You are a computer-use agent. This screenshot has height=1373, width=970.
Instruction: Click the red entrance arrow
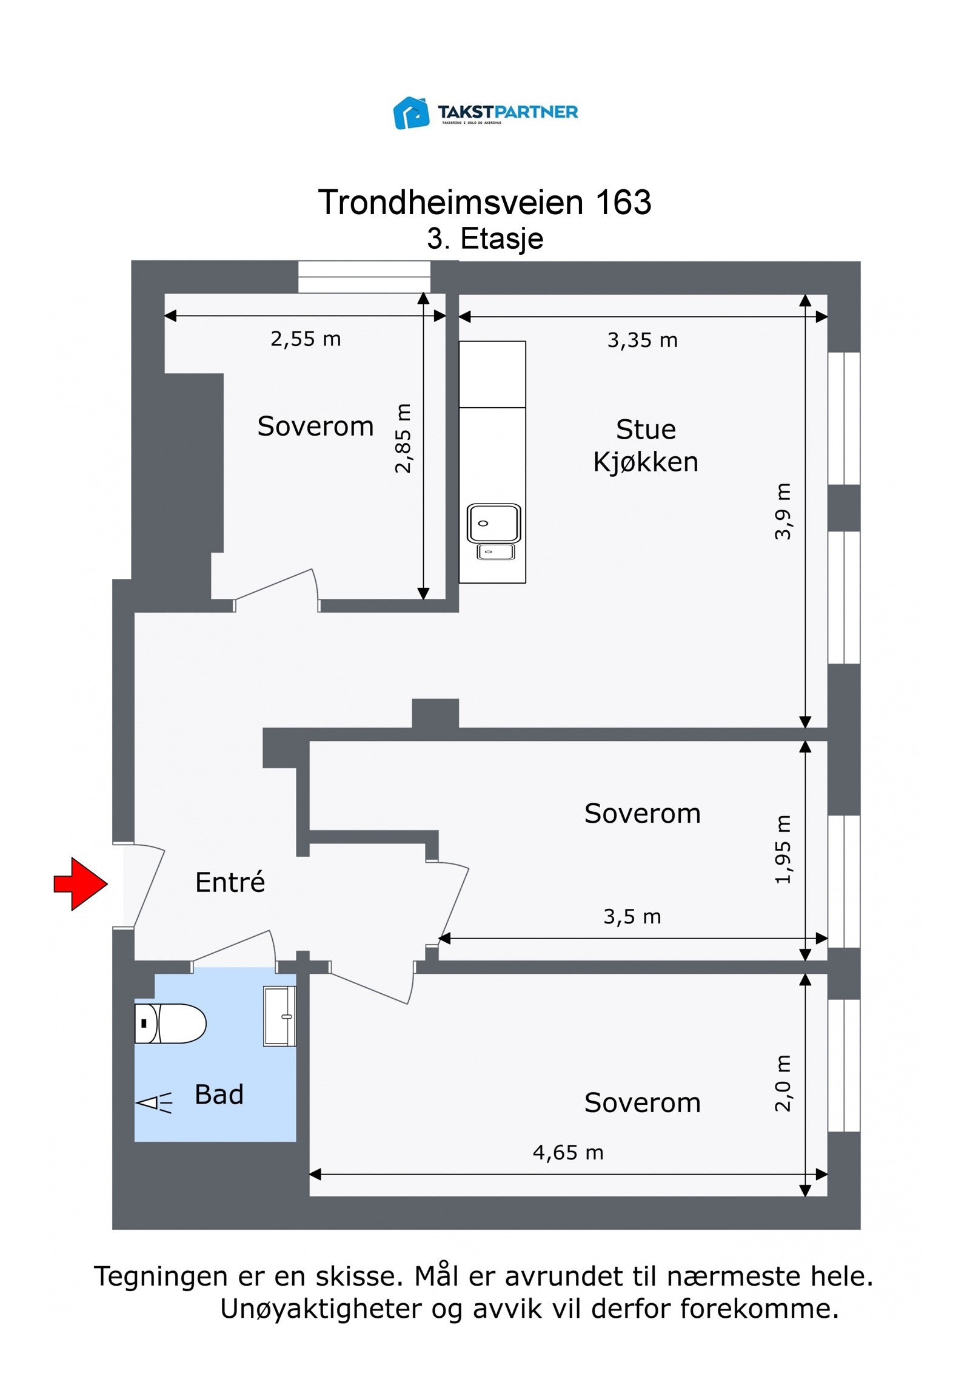(80, 884)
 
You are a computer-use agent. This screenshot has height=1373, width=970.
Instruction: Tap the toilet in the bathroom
(170, 1024)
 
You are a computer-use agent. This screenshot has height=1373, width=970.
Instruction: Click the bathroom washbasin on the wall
(279, 1016)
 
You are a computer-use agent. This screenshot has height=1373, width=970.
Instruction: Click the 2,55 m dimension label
(306, 339)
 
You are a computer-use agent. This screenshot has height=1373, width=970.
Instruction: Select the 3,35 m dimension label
(642, 340)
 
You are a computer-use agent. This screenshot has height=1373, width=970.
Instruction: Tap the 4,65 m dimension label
(568, 1153)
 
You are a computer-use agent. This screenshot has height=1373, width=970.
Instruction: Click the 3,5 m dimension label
(632, 917)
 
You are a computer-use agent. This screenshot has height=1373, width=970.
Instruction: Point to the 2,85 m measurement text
(403, 438)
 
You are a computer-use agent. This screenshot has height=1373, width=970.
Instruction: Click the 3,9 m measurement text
(783, 511)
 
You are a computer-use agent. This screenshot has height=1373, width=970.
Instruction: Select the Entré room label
(230, 883)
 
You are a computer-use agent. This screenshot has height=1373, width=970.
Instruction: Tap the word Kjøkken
(645, 462)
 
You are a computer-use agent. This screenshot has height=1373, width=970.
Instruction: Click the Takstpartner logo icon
(411, 113)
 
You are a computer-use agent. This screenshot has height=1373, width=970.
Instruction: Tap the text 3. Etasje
(484, 238)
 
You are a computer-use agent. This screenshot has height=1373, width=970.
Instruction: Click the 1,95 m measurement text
(783, 849)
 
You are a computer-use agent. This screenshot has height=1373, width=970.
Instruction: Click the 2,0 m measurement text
(783, 1083)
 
